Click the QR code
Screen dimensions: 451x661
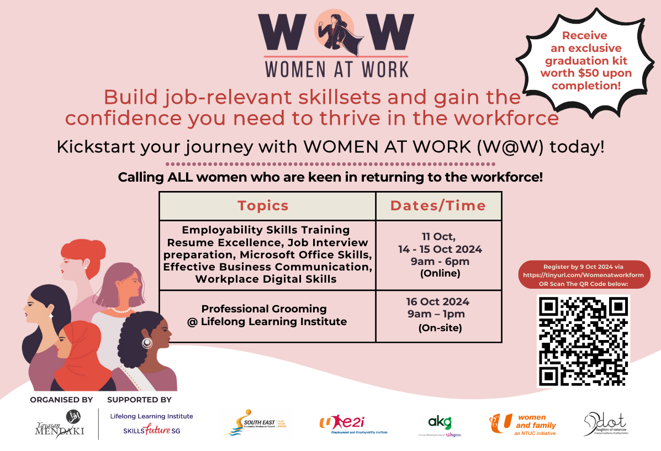click(x=583, y=341)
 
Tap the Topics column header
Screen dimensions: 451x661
click(x=263, y=206)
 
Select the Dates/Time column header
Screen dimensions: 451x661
click(x=438, y=206)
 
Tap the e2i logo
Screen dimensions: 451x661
click(x=353, y=424)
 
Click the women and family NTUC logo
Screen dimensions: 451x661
click(x=523, y=424)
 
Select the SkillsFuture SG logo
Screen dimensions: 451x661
click(x=151, y=430)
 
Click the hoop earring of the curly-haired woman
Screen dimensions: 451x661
click(x=147, y=343)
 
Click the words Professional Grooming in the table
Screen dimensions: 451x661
click(x=263, y=309)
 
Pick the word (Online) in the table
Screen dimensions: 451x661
click(x=440, y=273)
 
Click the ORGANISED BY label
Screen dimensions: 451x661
click(x=61, y=400)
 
